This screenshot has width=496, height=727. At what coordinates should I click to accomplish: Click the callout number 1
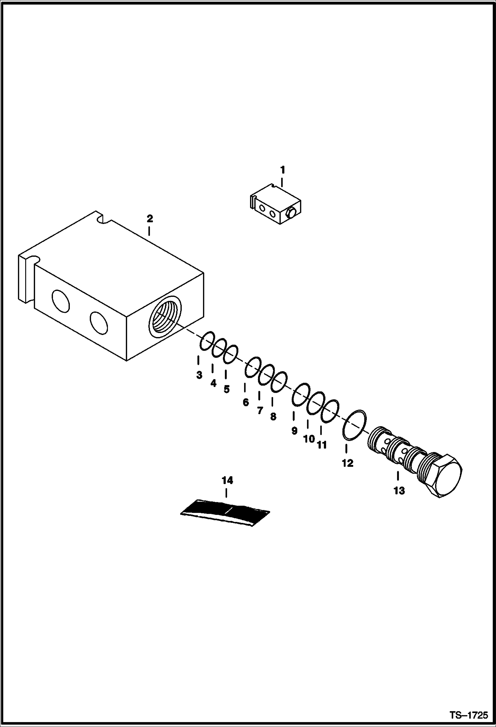[x=282, y=170]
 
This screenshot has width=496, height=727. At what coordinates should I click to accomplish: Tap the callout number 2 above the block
[x=150, y=219]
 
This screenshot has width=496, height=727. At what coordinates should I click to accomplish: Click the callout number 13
[x=399, y=491]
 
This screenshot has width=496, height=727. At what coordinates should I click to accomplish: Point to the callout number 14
[x=227, y=480]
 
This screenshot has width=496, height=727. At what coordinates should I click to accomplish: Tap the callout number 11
[x=322, y=445]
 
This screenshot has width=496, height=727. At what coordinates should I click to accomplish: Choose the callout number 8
[x=273, y=417]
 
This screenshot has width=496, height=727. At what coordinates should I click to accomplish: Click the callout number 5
[x=226, y=389]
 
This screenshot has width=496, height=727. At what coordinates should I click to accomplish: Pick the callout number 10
[x=309, y=439]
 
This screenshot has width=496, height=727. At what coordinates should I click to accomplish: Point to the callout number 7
[x=260, y=411]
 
